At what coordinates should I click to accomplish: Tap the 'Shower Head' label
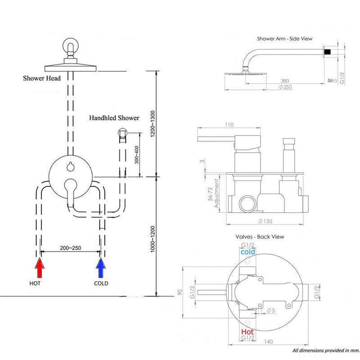click(42, 78)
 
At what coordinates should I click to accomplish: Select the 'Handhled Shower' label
click(114, 118)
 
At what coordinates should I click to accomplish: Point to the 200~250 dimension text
click(71, 247)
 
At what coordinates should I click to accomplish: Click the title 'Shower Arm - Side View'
click(284, 39)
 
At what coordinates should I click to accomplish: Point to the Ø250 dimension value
click(285, 87)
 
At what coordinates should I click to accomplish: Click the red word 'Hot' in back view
click(247, 331)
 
